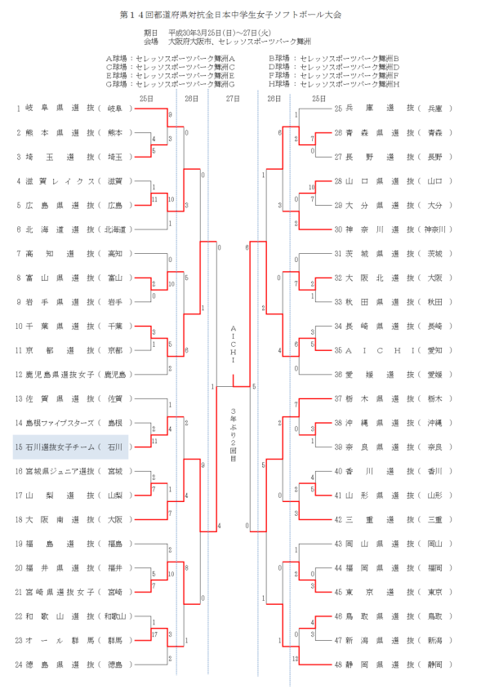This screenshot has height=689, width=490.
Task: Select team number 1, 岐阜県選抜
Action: [73, 109]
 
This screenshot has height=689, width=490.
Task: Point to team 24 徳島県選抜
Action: [73, 665]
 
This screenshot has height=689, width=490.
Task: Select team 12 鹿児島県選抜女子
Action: [73, 375]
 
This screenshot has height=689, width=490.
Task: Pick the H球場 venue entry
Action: [334, 83]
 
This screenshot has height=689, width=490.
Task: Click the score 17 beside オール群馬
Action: [154, 634]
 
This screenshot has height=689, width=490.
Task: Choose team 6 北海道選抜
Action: [73, 229]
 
